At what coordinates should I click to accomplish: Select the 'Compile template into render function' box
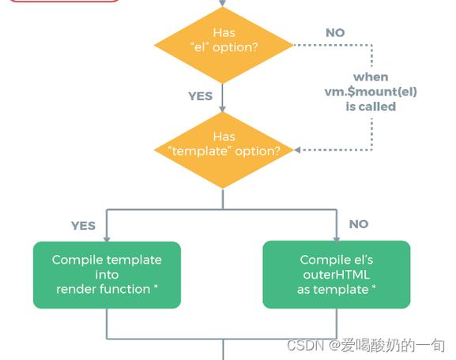107,275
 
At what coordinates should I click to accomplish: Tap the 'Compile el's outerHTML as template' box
336,275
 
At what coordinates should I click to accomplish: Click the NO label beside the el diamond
335,33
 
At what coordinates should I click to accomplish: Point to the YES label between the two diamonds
200,96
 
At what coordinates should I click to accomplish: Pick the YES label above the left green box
83,226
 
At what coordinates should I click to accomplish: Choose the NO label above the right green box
359,224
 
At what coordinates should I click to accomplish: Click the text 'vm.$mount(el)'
371,92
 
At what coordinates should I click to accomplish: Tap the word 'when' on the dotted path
371,77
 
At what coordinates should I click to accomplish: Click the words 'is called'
371,106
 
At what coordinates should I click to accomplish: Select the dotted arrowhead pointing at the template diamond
297,149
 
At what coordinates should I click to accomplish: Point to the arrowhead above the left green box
107,237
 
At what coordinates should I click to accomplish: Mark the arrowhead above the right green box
337,237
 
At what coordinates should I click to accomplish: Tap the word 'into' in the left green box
107,275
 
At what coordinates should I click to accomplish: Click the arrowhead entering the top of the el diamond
224,4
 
